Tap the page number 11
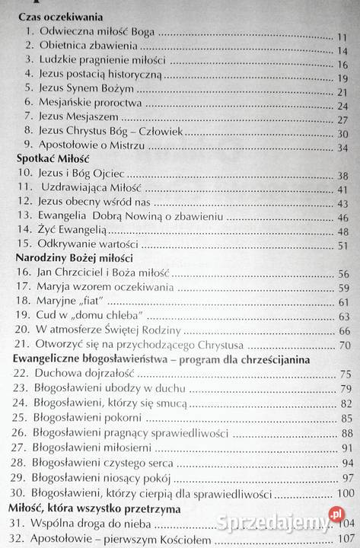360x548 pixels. click(x=342, y=37)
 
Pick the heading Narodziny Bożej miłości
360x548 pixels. click(x=69, y=258)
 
